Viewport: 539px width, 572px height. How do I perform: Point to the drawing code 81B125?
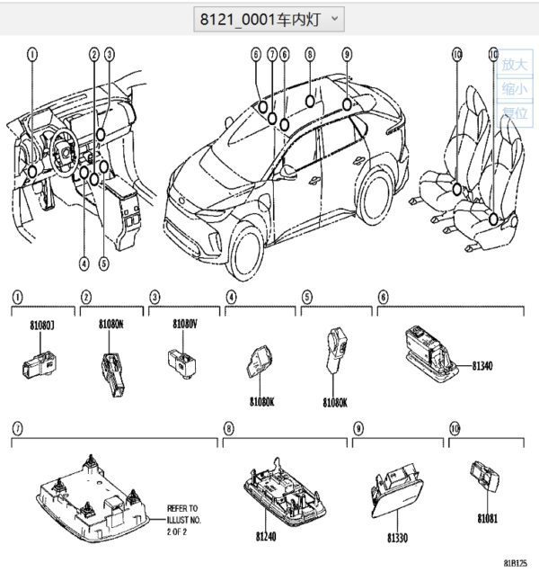[x=515, y=563]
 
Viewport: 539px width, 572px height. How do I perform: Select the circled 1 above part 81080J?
[x=17, y=296]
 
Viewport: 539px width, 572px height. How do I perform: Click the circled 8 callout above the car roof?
[x=310, y=54]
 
